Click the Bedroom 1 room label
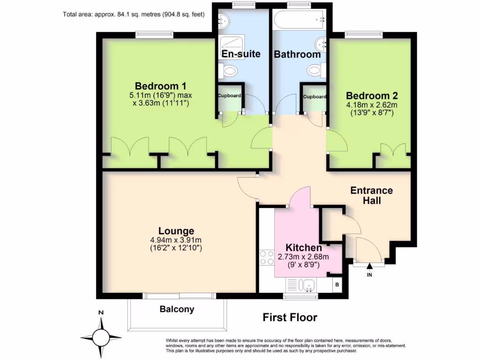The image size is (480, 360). pos(161,86)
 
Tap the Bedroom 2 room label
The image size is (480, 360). pos(372,96)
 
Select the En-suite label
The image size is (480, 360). pos(241,54)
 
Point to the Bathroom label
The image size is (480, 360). pos(297,54)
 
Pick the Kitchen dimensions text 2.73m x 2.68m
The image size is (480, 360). pos(304,256)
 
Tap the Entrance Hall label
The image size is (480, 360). pos(372,195)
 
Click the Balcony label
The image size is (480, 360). pos(177,309)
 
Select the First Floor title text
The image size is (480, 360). pos(290,317)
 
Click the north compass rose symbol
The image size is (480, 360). pos(101,336)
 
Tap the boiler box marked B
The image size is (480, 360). pos(336,284)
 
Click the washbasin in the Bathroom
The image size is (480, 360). pos(322,44)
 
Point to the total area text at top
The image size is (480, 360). pos(134,14)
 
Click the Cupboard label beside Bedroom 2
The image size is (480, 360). pos(315,97)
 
